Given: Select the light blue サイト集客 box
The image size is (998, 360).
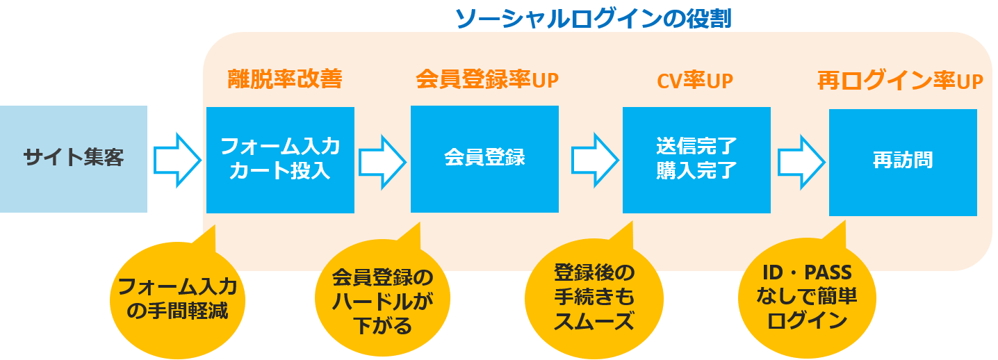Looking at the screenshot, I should (x=74, y=159).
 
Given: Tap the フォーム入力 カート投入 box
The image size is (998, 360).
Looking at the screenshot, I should (x=280, y=160).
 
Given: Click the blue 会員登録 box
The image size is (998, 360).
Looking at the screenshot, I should (x=484, y=158).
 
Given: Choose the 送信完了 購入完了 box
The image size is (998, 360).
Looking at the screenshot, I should (x=696, y=159).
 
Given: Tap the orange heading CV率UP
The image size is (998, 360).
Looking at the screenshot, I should (x=695, y=81).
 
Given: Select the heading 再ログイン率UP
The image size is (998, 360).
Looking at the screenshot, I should (x=900, y=81).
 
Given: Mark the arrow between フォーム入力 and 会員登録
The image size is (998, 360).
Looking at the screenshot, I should (x=382, y=159).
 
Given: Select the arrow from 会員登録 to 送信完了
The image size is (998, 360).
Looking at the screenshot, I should (x=594, y=159).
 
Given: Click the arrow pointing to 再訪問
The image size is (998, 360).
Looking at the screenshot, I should (x=801, y=160).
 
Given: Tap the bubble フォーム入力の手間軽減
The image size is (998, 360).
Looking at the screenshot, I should (x=178, y=297).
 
